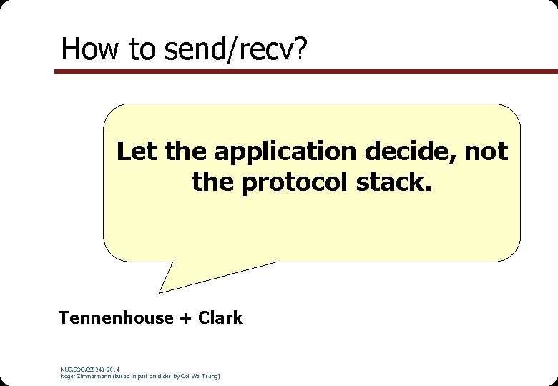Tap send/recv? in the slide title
click(x=235, y=49)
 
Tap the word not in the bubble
click(x=488, y=152)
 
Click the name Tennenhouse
click(x=115, y=318)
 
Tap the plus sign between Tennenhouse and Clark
click(x=184, y=319)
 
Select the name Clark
click(x=220, y=318)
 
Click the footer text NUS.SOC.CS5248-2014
click(x=90, y=370)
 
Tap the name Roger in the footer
click(x=69, y=376)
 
